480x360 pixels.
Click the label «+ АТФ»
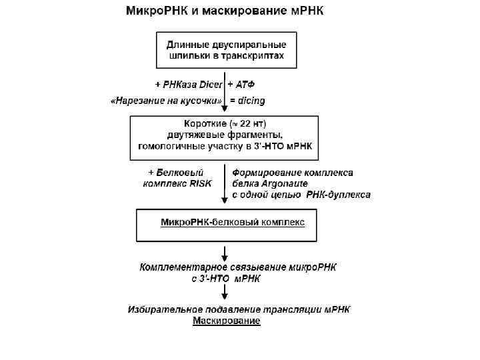(241, 85)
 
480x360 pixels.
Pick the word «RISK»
(200, 183)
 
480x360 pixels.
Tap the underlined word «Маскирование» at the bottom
(227, 321)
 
